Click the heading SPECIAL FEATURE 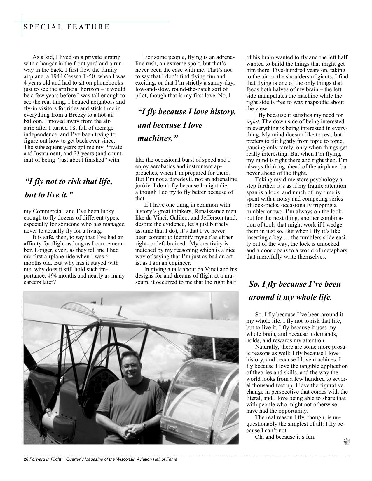(x=66, y=27)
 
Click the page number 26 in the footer (x=26, y=459)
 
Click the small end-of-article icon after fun (x=347, y=442)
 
